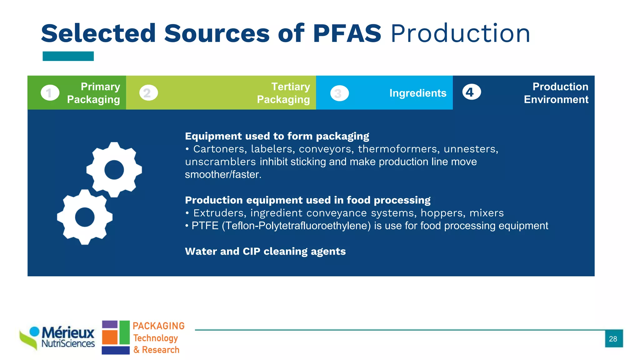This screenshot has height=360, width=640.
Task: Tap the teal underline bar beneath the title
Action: click(68, 56)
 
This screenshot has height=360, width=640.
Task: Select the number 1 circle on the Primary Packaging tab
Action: click(50, 93)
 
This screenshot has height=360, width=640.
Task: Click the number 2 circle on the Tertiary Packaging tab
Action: click(148, 93)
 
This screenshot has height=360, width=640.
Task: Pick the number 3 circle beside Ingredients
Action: click(339, 93)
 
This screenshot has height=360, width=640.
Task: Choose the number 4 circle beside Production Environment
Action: click(471, 92)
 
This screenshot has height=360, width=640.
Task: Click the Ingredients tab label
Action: click(417, 93)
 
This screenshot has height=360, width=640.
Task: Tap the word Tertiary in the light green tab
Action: click(290, 87)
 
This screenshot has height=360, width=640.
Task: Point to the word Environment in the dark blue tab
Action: click(556, 99)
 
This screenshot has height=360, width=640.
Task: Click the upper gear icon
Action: click(114, 170)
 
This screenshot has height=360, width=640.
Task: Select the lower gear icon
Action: click(85, 217)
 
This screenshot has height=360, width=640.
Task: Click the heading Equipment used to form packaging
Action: click(277, 136)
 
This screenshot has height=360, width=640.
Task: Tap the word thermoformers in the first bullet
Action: click(398, 149)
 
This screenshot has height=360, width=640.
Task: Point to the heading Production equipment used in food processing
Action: click(307, 200)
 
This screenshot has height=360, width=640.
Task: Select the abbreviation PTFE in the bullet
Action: click(205, 226)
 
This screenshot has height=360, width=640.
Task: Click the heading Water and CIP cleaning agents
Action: click(265, 251)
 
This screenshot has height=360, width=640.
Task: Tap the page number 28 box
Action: click(613, 338)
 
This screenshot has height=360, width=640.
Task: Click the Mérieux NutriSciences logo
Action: click(58, 337)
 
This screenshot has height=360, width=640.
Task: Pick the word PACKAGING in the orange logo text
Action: click(158, 326)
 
